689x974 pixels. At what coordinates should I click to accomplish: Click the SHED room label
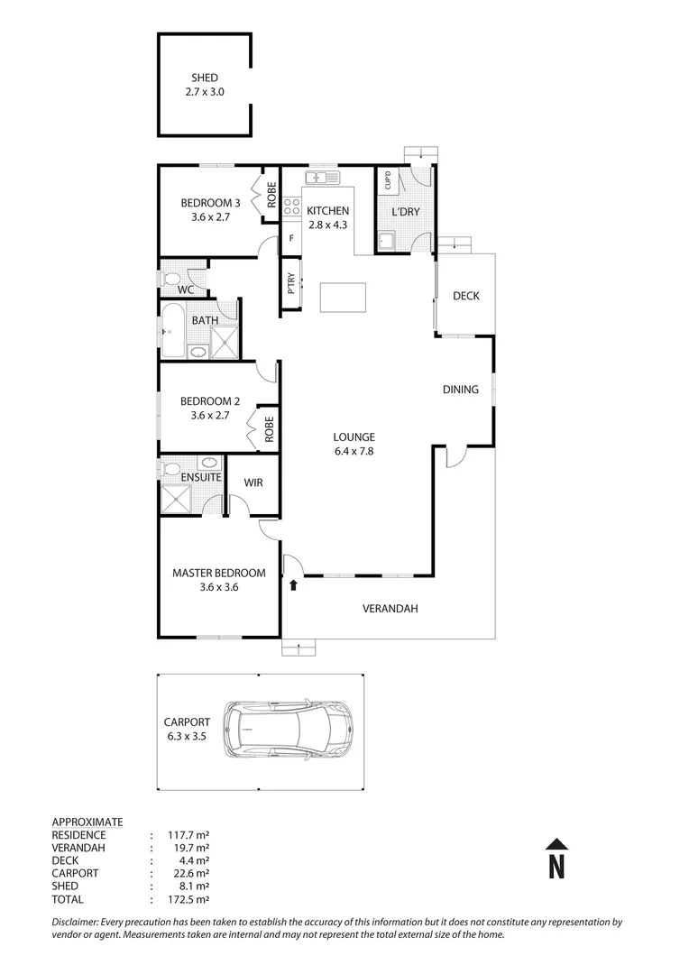(x=205, y=78)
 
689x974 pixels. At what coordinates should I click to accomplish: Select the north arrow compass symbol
(x=557, y=859)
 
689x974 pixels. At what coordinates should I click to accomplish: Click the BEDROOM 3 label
(x=210, y=203)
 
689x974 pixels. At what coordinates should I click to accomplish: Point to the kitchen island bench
(x=344, y=297)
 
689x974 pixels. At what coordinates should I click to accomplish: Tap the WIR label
(x=253, y=483)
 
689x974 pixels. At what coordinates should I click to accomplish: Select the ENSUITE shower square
(x=178, y=499)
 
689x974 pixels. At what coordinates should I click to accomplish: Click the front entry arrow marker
(x=294, y=584)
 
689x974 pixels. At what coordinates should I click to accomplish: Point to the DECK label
(x=465, y=296)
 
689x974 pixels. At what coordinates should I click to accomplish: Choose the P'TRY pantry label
(x=291, y=285)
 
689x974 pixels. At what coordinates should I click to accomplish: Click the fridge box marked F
(x=291, y=239)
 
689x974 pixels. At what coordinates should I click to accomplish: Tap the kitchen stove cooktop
(x=292, y=208)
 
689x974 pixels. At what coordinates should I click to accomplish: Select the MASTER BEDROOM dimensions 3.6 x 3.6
(x=219, y=587)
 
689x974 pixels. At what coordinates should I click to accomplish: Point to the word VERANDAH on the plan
(x=390, y=609)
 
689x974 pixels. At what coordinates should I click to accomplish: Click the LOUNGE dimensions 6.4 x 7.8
(x=353, y=452)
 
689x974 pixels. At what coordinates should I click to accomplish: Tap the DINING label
(x=460, y=390)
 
